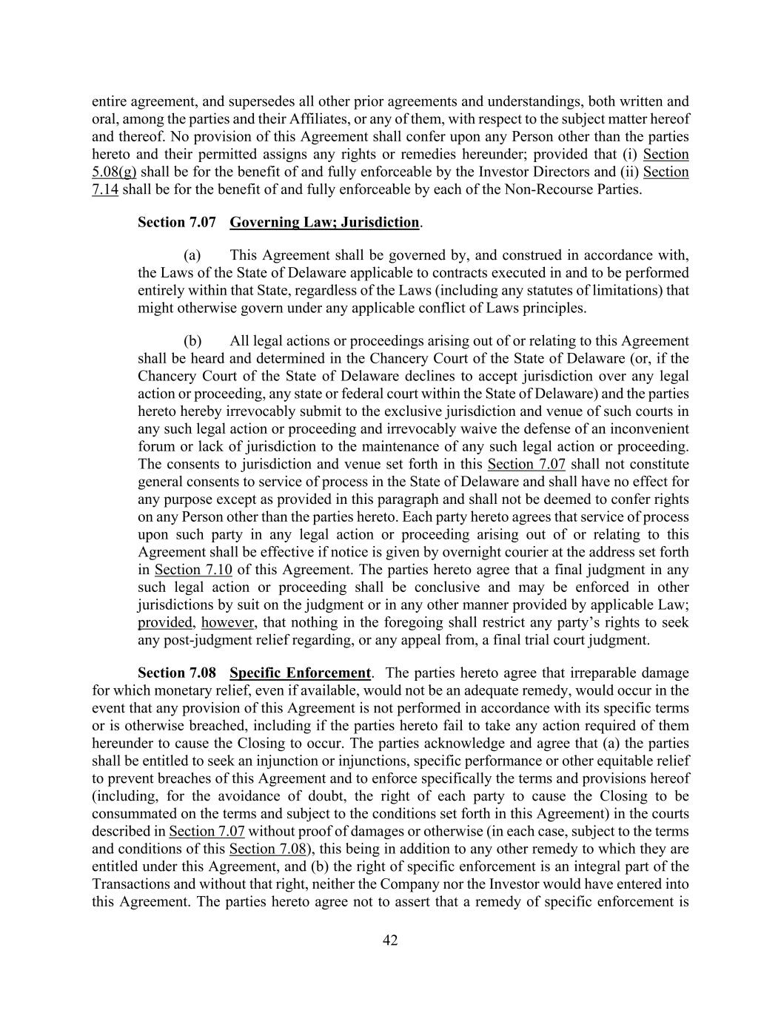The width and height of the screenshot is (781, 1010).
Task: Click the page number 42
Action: [390, 940]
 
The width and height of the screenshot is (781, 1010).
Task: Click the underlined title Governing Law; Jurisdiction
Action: [324, 222]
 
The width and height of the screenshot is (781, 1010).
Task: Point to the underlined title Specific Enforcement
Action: [300, 673]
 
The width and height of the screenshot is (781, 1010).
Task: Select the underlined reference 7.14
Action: [105, 190]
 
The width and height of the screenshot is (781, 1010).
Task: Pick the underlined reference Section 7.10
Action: [193, 570]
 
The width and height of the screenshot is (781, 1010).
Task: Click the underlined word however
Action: [228, 623]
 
